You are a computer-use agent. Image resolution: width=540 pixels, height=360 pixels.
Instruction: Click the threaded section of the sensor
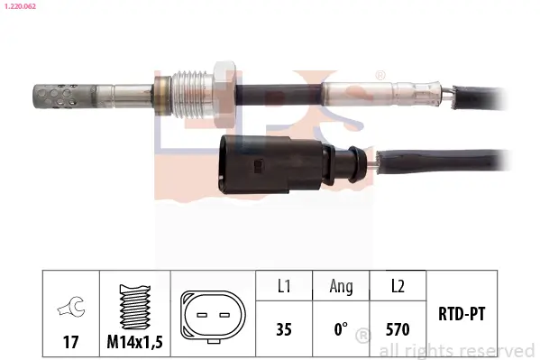pyautogui.click(x=192, y=86)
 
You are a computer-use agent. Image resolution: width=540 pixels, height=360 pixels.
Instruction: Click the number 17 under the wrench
pyautogui.click(x=69, y=343)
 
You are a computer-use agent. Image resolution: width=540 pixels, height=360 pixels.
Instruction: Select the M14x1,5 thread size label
pyautogui.click(x=136, y=343)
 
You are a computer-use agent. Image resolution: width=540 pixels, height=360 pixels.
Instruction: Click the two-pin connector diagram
pyautogui.click(x=211, y=318)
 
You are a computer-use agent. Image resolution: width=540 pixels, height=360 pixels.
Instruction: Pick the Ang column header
pyautogui.click(x=341, y=286)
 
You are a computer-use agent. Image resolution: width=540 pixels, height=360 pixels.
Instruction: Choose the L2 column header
pyautogui.click(x=397, y=286)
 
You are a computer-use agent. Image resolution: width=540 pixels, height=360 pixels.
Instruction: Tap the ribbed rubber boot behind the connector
pyautogui.click(x=356, y=163)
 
